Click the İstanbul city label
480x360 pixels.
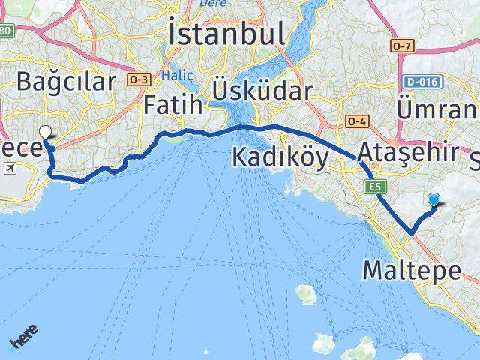(226, 35)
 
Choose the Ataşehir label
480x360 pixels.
(408, 152)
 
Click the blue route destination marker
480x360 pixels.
(434, 199)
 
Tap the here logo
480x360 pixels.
(23, 337)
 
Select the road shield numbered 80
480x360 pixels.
(6, 31)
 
